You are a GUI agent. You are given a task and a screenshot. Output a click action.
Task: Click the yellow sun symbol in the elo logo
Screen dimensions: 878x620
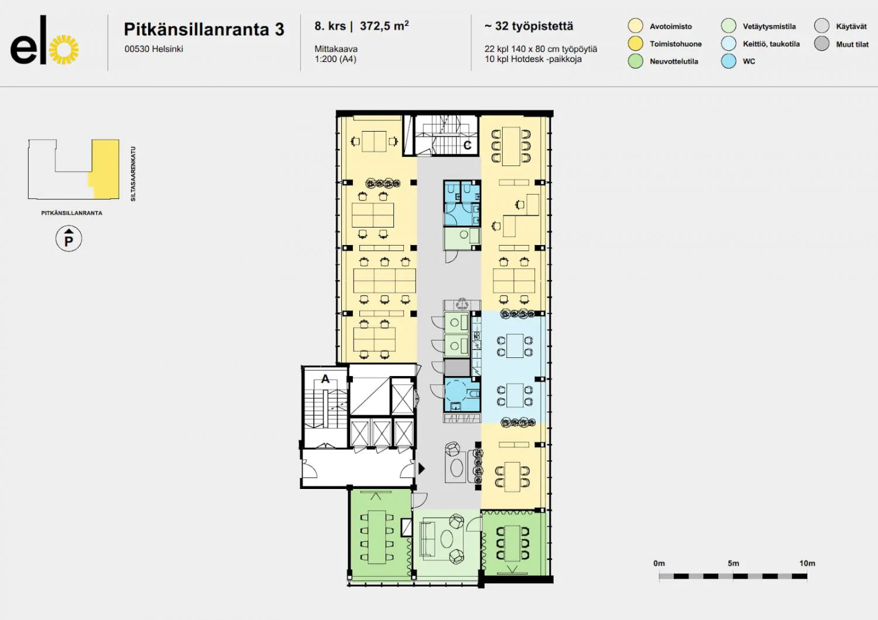point(63,50)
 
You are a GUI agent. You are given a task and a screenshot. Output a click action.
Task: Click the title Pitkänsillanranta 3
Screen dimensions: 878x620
point(204,29)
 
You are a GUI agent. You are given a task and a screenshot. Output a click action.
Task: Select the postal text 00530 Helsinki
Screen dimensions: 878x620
point(153,49)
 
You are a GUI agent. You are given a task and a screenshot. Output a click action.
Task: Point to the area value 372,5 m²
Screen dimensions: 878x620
point(384,26)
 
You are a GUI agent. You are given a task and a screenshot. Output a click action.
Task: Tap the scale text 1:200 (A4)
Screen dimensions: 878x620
point(335,59)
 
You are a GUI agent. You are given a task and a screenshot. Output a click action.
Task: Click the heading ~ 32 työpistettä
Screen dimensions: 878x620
point(529,26)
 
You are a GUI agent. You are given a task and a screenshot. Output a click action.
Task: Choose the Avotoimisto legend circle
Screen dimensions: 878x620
point(635,26)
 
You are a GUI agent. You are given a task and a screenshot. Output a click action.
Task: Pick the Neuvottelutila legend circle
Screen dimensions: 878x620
point(635,61)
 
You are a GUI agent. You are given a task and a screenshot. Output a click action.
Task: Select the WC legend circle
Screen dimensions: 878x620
point(729,61)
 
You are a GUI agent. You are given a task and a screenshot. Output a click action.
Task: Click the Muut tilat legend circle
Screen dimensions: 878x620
point(822,43)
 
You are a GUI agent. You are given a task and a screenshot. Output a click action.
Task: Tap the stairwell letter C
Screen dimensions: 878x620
point(467,145)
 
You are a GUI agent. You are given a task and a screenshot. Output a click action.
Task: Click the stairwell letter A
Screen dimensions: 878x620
point(325,379)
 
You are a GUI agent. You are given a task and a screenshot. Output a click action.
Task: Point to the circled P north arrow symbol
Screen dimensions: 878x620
point(68,239)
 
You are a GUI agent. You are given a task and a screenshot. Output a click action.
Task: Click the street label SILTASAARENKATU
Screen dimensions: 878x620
point(133,174)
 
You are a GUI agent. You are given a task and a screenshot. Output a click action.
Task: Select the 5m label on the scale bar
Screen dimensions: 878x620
point(733,563)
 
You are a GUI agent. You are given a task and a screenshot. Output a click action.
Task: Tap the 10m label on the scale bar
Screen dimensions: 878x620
point(807,563)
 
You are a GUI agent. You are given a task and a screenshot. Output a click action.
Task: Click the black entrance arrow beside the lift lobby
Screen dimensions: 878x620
point(421,469)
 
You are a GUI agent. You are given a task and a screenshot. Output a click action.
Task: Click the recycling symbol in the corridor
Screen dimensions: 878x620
point(462,304)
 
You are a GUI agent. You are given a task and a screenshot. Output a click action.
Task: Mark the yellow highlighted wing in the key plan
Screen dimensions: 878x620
point(104,169)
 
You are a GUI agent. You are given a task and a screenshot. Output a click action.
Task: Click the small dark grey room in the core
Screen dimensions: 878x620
point(457,368)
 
